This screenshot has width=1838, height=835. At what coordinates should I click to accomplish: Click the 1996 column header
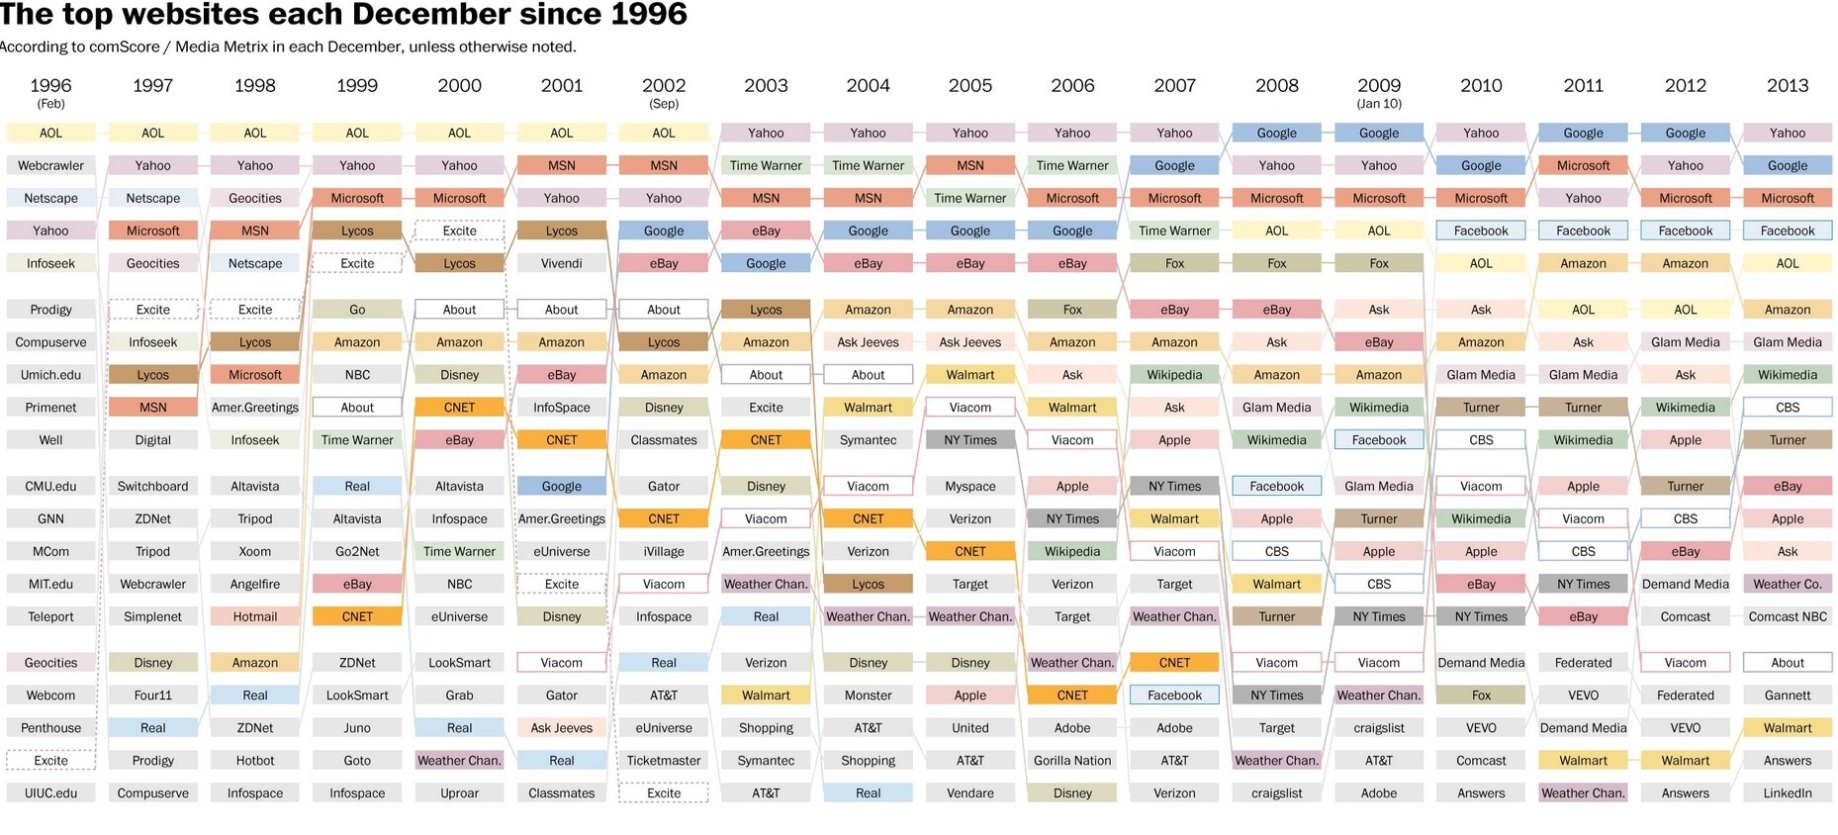pos(50,86)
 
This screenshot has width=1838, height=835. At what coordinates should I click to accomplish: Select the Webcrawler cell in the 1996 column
pos(50,165)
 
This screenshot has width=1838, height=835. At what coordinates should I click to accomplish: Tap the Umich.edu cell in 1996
pos(50,375)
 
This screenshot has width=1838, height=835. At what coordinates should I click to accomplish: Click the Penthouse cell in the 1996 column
pos(50,728)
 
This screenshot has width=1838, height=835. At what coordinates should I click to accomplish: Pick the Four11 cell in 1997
pos(152,696)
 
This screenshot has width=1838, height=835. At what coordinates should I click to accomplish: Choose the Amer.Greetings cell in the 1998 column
pos(255,408)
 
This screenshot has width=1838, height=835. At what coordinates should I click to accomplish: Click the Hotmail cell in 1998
pos(255,616)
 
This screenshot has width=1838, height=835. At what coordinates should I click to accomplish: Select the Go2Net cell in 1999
pos(357,551)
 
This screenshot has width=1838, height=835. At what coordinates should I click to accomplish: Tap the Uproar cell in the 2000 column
pos(459,793)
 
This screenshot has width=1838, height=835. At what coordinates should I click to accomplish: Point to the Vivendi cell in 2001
pos(562,263)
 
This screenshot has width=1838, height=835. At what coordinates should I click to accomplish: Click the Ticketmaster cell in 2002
pos(664,761)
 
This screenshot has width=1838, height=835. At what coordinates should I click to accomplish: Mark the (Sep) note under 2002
pos(664,104)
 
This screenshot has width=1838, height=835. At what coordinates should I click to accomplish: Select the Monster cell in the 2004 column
pos(868,696)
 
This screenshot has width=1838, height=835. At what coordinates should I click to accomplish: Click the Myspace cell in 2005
pos(970,486)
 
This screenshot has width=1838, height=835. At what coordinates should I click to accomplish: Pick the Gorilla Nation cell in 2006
pos(1072,761)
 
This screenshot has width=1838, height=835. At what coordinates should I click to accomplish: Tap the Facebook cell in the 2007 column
pos(1174,696)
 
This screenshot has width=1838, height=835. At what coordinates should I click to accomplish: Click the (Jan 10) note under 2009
pos(1379,104)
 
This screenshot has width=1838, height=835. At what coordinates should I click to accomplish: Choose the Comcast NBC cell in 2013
pos(1788,616)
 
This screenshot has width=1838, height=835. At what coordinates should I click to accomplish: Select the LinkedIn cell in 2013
pos(1788,793)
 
